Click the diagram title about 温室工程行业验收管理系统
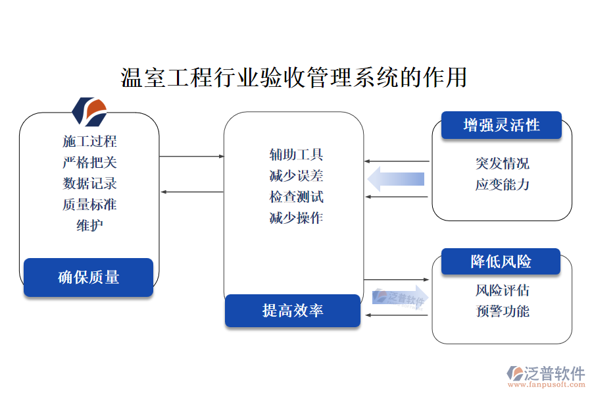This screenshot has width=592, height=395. click(295, 77)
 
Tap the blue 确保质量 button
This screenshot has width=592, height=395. click(89, 277)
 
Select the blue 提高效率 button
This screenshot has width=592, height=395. click(293, 311)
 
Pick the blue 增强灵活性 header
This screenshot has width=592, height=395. click(501, 125)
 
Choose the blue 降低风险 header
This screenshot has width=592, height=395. click(501, 261)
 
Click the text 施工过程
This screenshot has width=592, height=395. click(89, 141)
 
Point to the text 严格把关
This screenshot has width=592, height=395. click(89, 162)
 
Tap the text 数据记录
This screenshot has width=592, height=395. click(89, 183)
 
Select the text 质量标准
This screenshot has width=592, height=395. click(89, 204)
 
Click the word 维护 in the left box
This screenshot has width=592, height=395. click(89, 225)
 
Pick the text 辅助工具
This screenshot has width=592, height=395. click(296, 155)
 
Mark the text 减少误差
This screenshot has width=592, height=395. click(296, 176)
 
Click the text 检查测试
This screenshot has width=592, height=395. click(296, 197)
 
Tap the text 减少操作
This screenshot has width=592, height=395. click(296, 218)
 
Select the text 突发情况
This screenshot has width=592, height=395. click(502, 163)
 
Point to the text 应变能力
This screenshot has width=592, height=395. click(502, 184)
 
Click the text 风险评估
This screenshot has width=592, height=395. click(502, 290)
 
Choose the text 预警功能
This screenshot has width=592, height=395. click(502, 311)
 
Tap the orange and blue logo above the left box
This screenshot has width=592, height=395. click(89, 111)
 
